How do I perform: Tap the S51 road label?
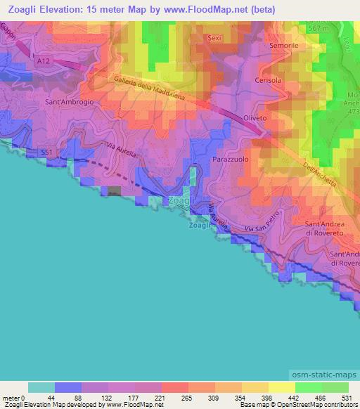(x=46, y=151)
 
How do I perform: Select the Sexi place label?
(x=214, y=39)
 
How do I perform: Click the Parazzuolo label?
(x=230, y=160)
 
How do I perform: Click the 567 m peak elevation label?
(x=319, y=27)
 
